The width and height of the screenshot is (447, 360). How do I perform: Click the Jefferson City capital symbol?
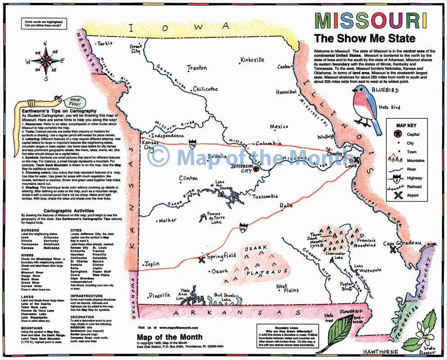(x=257, y=169)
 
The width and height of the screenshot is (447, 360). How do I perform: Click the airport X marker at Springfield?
(x=201, y=259)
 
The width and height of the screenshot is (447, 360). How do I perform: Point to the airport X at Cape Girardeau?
(x=393, y=249)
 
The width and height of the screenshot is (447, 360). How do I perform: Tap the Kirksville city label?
(x=255, y=60)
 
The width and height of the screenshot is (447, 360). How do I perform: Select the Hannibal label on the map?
(x=286, y=92)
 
